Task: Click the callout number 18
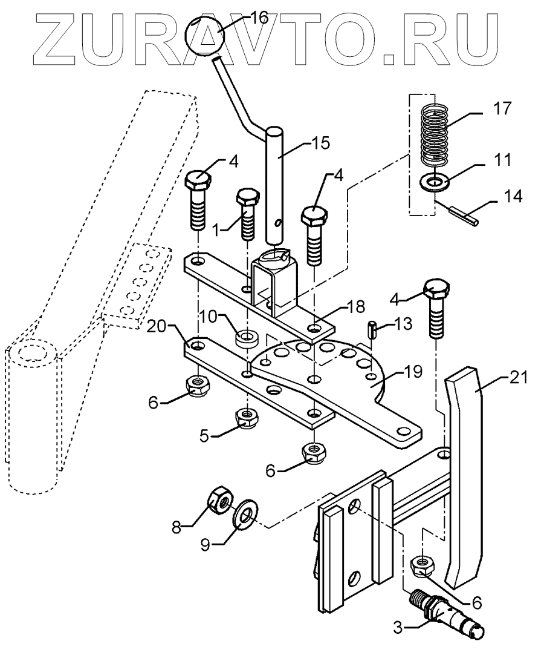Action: click(355, 306)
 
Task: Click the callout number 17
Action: click(502, 109)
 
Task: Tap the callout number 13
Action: click(404, 323)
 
